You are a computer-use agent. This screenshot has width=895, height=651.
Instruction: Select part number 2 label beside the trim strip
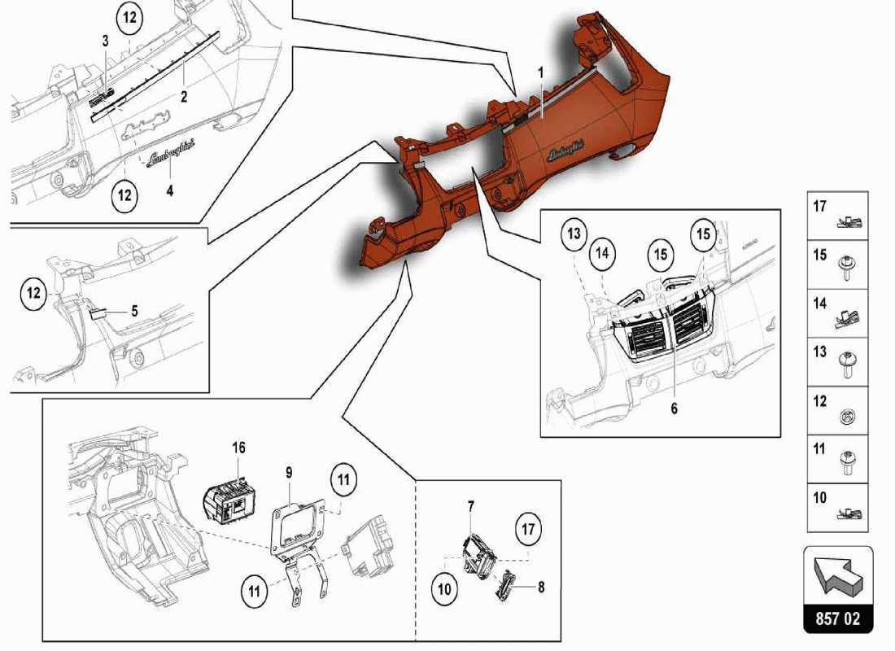(x=184, y=96)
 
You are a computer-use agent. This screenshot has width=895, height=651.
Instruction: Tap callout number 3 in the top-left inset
(x=105, y=41)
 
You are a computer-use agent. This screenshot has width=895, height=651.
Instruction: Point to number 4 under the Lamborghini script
(x=170, y=190)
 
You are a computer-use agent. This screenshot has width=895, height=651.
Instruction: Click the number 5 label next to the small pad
(x=134, y=310)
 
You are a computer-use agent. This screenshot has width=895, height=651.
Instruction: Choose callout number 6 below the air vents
(x=674, y=409)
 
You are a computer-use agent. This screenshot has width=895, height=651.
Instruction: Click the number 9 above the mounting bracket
(x=290, y=471)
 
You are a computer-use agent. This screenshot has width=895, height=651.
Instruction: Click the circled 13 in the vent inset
(x=574, y=235)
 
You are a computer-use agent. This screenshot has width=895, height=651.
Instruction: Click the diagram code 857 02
(x=837, y=619)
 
